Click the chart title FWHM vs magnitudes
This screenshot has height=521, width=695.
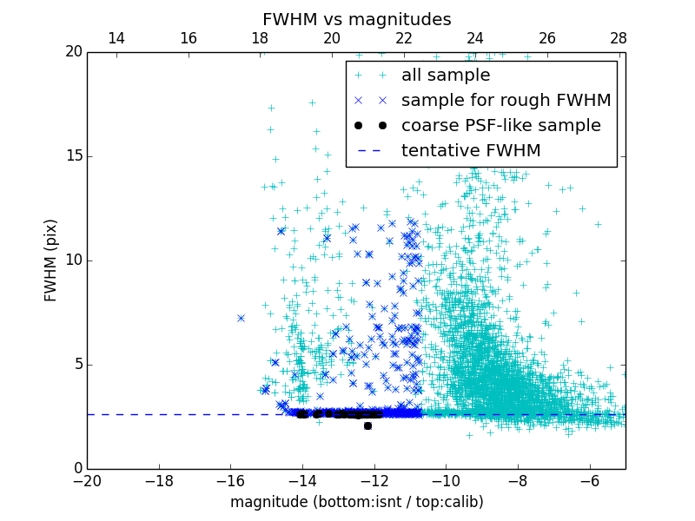(x=356, y=19)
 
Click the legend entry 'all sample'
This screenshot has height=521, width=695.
(x=446, y=76)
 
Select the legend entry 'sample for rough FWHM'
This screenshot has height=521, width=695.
(x=506, y=101)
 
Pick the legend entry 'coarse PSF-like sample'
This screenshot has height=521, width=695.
(x=500, y=126)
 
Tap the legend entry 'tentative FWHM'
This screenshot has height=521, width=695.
(x=471, y=151)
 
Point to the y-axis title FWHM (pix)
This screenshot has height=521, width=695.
(x=51, y=260)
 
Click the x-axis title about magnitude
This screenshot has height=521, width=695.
(x=356, y=502)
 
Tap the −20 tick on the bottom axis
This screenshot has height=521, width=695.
(x=87, y=480)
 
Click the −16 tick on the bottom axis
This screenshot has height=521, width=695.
(x=230, y=480)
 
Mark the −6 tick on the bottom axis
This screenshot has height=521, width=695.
(x=589, y=480)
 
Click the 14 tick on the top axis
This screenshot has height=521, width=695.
(x=116, y=39)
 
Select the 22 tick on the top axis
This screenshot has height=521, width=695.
(x=404, y=39)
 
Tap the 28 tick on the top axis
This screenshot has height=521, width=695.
(x=619, y=39)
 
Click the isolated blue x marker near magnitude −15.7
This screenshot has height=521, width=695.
(x=241, y=318)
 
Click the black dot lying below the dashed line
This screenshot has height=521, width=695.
(x=367, y=425)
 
